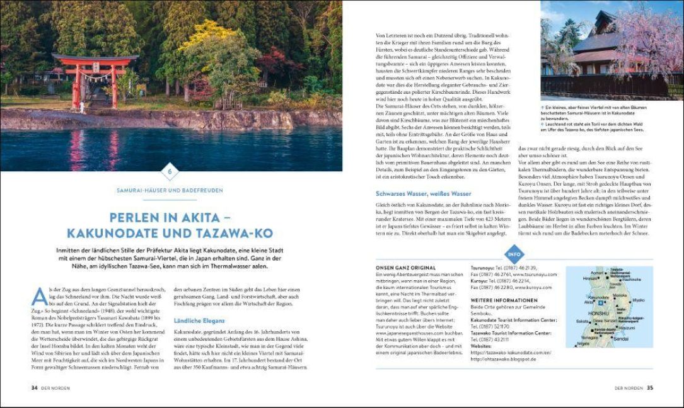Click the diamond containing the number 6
pos(170,171)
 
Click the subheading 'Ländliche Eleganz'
pos(199,320)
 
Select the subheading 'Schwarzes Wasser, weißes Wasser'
pos(423,193)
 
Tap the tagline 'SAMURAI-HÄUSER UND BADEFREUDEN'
pos(170,190)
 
